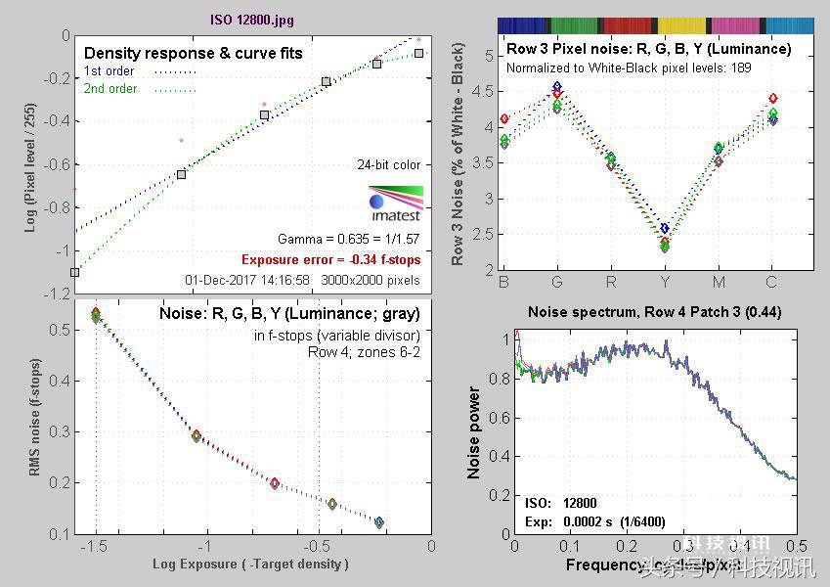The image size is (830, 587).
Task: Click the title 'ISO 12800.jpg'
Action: coord(251,19)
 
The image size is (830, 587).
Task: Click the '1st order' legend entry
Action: coord(109,71)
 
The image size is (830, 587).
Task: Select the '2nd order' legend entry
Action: coord(110,89)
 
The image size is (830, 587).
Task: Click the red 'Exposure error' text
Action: coord(330,260)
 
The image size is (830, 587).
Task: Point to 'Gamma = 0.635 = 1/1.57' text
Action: coord(348,240)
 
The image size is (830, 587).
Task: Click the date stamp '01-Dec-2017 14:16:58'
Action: coord(247,280)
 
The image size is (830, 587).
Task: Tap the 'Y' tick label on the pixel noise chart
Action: coord(664,283)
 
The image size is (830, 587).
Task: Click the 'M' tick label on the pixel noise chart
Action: coord(719,283)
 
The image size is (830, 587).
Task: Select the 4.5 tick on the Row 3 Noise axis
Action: coord(482,91)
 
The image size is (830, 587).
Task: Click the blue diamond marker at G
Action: coord(557,87)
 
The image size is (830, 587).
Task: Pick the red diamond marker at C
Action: coord(773,99)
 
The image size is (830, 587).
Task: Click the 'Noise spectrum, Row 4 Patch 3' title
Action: coord(654,312)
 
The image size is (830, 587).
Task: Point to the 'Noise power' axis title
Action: coord(474,432)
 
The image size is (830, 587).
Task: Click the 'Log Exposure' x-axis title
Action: coord(250,564)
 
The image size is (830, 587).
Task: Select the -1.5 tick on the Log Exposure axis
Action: coord(95,546)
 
